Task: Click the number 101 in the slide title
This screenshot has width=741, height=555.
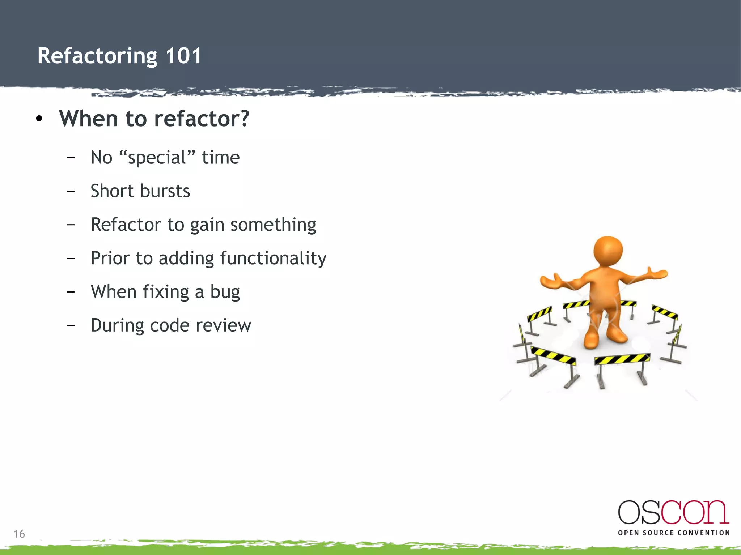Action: pos(183,56)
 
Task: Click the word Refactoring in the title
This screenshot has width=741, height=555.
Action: pos(97,56)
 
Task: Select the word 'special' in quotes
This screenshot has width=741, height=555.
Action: pos(157,158)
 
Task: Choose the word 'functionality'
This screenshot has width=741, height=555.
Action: pos(273,259)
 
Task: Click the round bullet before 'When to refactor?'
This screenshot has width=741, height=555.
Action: pos(39,119)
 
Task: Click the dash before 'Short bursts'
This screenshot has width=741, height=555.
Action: pos(71,191)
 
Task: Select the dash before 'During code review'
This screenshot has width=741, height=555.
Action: pos(71,325)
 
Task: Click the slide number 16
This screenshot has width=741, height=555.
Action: pos(19,534)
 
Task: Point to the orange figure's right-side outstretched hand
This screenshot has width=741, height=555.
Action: pos(658,274)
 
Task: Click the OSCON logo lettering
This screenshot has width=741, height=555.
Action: pos(673,512)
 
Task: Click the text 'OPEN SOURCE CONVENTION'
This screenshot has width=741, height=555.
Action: pos(674,533)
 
